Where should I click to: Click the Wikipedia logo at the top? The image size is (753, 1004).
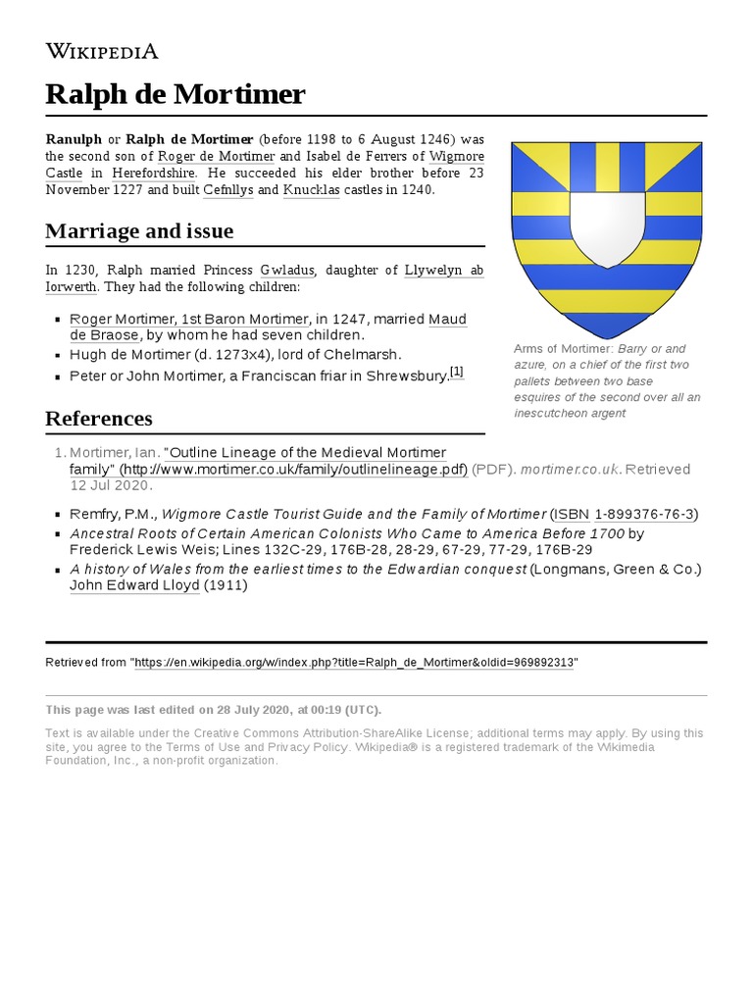(x=102, y=51)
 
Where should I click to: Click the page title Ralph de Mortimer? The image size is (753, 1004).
(x=176, y=95)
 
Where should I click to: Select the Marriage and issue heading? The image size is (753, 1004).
(x=139, y=231)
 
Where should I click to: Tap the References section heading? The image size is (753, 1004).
(x=99, y=419)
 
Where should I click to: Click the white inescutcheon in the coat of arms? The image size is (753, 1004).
(x=607, y=226)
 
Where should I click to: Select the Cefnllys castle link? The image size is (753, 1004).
(x=229, y=190)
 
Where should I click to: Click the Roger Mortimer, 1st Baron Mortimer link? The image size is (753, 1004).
(x=187, y=319)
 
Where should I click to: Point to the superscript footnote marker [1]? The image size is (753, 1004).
(x=456, y=372)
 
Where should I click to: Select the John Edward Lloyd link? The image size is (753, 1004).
(x=134, y=585)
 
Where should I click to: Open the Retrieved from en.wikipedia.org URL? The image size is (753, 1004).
(x=355, y=663)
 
